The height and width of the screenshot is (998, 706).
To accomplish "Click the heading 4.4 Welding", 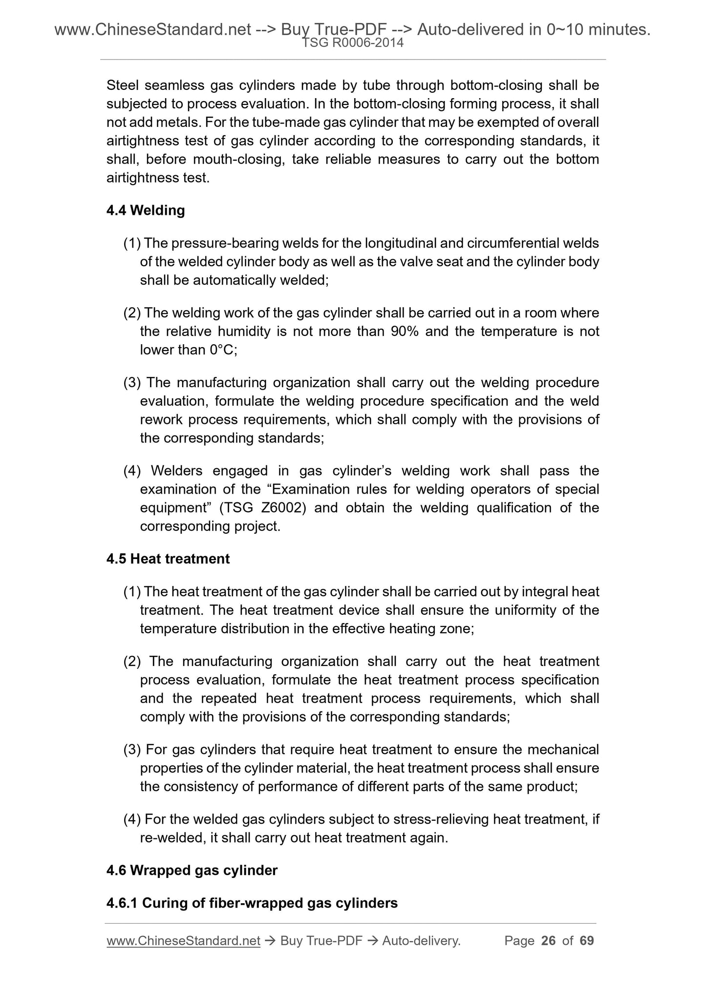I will tap(146, 210).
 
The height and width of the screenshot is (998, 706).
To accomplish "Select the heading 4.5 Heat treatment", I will tap(168, 559).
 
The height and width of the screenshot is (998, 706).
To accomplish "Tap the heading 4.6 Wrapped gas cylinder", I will tap(192, 870).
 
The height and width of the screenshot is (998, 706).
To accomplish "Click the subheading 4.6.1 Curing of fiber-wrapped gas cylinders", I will tap(252, 903).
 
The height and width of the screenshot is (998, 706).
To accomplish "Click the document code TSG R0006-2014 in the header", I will tap(353, 43).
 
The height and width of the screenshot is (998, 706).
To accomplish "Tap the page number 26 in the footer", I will tap(549, 940).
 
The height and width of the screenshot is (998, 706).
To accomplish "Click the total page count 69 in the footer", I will tap(586, 940).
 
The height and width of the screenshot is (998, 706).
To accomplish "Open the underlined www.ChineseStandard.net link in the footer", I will tap(183, 940).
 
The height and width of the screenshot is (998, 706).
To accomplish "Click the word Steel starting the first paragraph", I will tap(123, 85).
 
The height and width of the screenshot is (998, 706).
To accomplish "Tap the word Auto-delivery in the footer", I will tap(421, 940).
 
